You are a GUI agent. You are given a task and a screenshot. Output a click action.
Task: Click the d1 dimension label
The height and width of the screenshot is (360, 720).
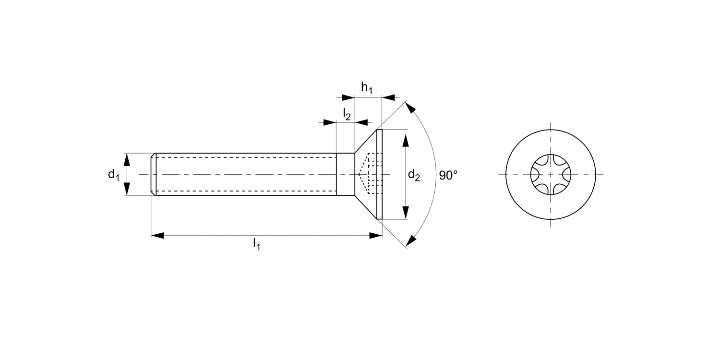[x=113, y=175]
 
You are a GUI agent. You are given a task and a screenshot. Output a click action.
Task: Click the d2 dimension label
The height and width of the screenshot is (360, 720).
[x=414, y=176]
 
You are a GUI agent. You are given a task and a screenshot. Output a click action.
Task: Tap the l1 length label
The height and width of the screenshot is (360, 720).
[x=257, y=245]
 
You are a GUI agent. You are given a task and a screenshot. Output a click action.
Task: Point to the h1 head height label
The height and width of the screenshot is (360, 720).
[x=367, y=88]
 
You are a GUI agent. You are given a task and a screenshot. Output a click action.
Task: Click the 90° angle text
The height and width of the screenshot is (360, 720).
[x=448, y=175]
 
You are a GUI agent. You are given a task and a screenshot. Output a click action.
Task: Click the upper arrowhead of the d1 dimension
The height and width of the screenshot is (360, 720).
[x=127, y=160]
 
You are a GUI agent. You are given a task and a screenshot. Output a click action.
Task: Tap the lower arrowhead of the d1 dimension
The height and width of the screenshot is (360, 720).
[x=127, y=189]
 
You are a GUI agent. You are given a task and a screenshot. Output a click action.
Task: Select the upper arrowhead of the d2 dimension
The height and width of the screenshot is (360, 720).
[x=406, y=142]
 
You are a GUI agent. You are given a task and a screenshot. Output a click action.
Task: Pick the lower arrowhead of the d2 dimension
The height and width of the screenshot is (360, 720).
[x=406, y=212]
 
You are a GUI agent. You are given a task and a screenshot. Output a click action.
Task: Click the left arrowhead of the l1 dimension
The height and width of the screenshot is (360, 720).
[x=158, y=236]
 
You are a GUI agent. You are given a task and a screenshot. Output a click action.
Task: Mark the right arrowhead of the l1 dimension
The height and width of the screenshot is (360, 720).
[x=375, y=236]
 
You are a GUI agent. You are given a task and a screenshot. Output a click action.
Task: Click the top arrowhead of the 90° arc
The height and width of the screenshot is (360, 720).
[x=410, y=108]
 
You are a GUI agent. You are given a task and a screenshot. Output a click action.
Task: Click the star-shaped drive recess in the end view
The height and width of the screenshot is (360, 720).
[x=550, y=174]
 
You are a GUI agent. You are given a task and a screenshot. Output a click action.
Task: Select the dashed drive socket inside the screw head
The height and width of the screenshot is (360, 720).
[x=367, y=174]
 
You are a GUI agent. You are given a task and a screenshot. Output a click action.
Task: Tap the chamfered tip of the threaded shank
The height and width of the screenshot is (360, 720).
[x=154, y=174]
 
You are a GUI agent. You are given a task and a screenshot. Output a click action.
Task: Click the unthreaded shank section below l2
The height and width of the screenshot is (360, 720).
[x=345, y=174]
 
